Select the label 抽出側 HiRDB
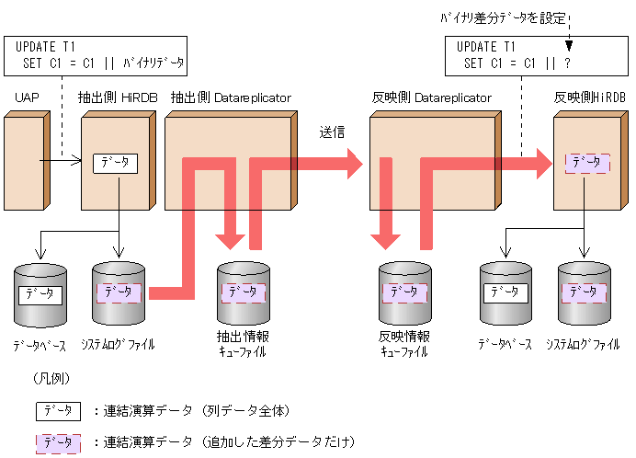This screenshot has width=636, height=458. pyautogui.click(x=118, y=97)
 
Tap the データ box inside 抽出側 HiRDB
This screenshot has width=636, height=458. pyautogui.click(x=115, y=163)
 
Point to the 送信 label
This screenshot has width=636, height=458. pyautogui.click(x=331, y=132)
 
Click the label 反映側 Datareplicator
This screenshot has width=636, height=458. pyautogui.click(x=430, y=97)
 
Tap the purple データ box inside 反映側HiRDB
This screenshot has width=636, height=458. pyautogui.click(x=586, y=163)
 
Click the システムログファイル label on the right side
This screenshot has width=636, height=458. pyautogui.click(x=584, y=345)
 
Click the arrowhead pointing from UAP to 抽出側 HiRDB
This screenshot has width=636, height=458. pyautogui.click(x=77, y=164)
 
